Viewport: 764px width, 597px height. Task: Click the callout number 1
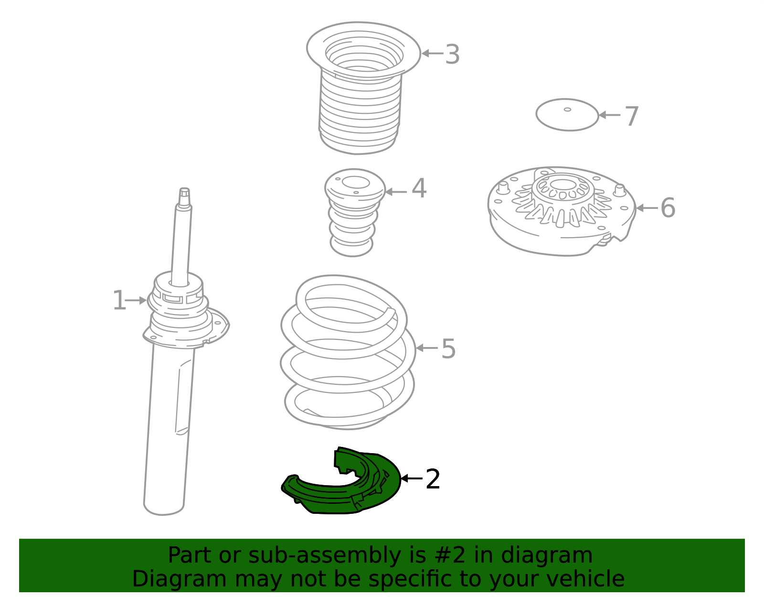click(119, 300)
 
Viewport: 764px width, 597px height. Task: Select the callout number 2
click(433, 479)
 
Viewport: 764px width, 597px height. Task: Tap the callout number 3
click(453, 54)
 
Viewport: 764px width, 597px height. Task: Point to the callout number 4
click(419, 188)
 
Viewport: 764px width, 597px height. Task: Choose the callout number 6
click(668, 207)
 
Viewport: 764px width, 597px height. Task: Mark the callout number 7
click(632, 116)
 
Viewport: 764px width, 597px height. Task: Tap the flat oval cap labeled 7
click(567, 115)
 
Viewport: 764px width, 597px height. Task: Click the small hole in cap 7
click(567, 109)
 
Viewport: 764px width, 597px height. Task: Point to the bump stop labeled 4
click(354, 213)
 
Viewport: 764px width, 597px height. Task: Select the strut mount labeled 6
click(562, 211)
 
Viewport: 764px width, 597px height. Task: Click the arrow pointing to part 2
click(412, 478)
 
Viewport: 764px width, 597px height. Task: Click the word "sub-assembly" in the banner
click(325, 556)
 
